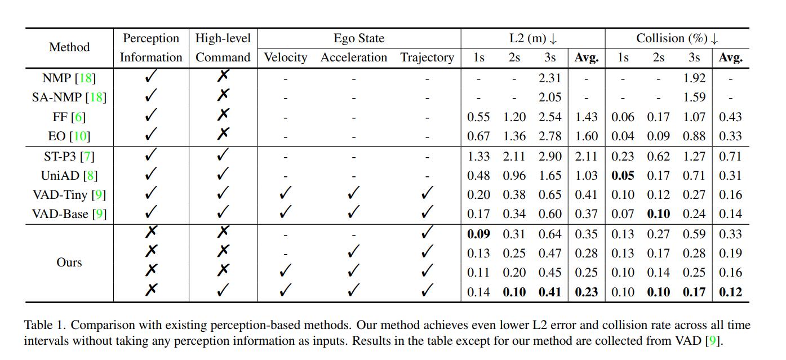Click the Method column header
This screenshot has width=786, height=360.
click(69, 47)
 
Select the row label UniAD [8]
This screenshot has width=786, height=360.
click(69, 176)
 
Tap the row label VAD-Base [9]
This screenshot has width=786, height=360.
click(69, 214)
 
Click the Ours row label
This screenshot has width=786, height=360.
click(69, 263)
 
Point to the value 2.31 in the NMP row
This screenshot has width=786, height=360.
click(549, 79)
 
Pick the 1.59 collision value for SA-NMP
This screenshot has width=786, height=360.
click(694, 97)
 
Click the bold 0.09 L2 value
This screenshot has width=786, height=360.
click(478, 234)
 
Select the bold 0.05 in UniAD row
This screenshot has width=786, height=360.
click(623, 176)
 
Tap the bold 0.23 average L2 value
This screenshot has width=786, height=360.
click(586, 292)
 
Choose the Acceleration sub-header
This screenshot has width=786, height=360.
click(354, 57)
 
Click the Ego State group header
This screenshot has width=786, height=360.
click(359, 39)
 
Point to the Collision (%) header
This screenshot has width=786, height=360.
click(677, 39)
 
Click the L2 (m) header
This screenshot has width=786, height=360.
click(532, 39)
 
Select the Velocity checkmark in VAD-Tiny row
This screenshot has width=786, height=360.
click(286, 194)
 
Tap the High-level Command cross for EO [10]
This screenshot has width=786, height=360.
click(223, 135)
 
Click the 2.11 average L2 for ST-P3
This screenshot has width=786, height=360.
click(586, 157)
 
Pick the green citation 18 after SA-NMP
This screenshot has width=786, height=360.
click(96, 97)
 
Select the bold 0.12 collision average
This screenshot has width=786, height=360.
click(730, 292)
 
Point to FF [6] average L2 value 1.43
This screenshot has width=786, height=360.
click(586, 117)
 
